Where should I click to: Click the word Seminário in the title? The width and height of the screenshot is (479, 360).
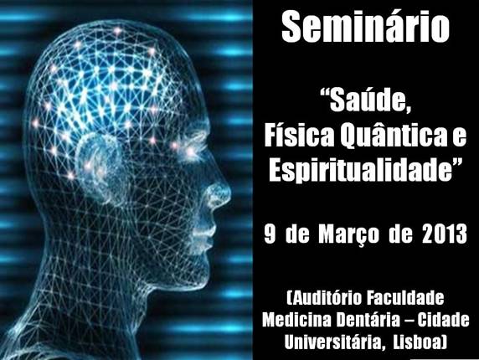point(365,27)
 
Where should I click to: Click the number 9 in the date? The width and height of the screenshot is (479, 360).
point(270,234)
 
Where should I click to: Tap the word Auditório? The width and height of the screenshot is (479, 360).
point(324,298)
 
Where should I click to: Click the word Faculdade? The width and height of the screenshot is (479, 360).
point(405,298)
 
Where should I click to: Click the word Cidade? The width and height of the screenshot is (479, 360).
point(444,320)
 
